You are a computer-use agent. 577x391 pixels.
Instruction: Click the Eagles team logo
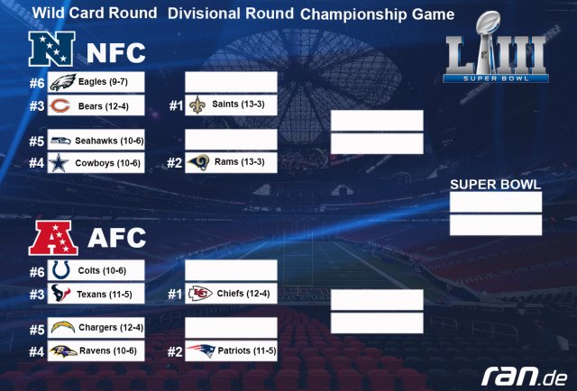click(x=62, y=82)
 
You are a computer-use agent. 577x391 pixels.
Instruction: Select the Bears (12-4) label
click(x=104, y=106)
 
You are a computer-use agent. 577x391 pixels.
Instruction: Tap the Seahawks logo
click(x=60, y=141)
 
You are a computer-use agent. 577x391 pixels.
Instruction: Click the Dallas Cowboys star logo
click(x=59, y=163)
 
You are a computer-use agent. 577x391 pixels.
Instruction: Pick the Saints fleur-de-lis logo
click(x=197, y=105)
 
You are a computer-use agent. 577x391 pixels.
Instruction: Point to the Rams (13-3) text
click(x=240, y=162)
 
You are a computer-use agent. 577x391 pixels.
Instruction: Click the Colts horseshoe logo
click(x=60, y=270)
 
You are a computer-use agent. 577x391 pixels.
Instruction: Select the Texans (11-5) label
click(x=105, y=294)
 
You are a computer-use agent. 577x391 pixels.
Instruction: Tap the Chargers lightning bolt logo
click(x=63, y=327)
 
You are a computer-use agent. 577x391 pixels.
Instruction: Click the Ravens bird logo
click(x=63, y=351)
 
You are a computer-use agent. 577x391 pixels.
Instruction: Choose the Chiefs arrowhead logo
click(x=200, y=293)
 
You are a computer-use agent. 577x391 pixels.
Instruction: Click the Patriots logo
click(x=201, y=350)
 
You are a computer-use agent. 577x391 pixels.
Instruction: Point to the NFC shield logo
click(x=52, y=49)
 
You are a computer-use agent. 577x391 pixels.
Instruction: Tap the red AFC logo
click(x=53, y=238)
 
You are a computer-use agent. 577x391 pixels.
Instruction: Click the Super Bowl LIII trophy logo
click(x=496, y=47)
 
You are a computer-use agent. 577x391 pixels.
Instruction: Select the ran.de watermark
click(x=525, y=376)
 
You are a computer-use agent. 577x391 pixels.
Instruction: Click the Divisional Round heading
click(x=231, y=14)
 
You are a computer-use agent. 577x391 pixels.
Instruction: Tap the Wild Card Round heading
click(x=95, y=13)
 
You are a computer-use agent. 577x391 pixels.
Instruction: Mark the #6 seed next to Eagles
click(x=37, y=83)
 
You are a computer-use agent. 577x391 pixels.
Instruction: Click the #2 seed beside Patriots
click(x=175, y=352)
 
